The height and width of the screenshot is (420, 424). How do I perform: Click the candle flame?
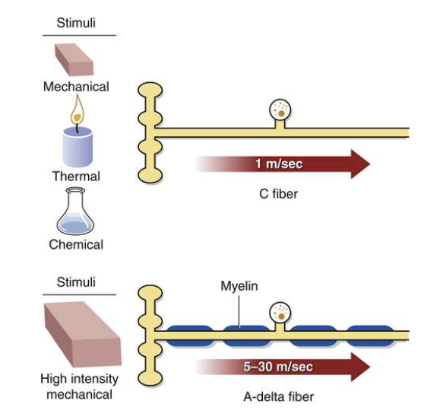[x=76, y=113]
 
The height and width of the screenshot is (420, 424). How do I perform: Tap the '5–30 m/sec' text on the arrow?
[x=279, y=367]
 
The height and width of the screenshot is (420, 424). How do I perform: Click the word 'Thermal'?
[x=76, y=177]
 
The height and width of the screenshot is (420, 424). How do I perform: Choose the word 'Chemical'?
[x=76, y=244]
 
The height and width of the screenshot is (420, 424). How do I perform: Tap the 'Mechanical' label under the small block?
[x=76, y=87]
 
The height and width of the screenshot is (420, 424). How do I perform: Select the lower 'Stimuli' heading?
[x=76, y=282]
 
